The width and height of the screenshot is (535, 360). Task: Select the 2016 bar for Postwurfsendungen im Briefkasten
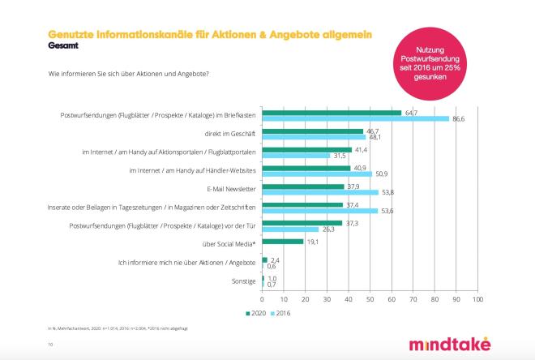[x=355, y=119]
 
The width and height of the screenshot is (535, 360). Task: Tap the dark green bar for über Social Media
[x=282, y=242]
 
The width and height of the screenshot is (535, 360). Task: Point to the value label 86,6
[x=460, y=119]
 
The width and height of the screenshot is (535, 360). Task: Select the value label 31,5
[x=340, y=156]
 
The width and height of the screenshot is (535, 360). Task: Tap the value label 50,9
[x=383, y=174]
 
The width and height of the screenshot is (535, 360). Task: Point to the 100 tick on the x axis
[x=477, y=299]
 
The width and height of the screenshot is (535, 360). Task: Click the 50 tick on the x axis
[x=370, y=299]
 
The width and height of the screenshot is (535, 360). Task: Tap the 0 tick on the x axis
[x=262, y=299]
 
